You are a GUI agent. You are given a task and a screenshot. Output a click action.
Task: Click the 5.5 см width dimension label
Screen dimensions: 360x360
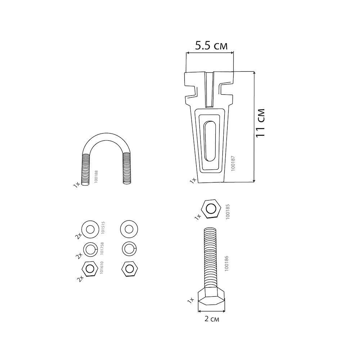[x=211, y=46]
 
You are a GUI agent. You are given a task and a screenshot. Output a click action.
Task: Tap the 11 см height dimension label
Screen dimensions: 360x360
[x=260, y=123]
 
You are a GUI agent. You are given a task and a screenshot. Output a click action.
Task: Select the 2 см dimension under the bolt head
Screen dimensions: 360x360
[x=212, y=319]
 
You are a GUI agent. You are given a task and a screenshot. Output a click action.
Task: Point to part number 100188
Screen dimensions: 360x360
[x=96, y=176]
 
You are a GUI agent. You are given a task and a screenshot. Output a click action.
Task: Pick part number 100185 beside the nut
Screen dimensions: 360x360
[x=228, y=212]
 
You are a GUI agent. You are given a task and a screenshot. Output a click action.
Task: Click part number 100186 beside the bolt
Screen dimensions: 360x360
[x=226, y=264]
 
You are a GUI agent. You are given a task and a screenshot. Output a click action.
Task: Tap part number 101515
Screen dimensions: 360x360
[x=103, y=228]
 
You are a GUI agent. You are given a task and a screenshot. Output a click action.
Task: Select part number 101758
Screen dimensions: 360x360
[x=102, y=248]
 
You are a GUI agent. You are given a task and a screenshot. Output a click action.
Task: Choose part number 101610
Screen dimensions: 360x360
[x=102, y=267]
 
